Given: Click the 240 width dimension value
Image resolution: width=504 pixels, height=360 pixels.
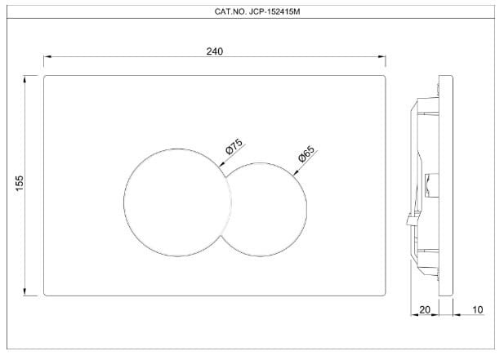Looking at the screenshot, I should click(215, 51).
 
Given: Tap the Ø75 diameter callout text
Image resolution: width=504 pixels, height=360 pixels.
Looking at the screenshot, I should click(234, 148).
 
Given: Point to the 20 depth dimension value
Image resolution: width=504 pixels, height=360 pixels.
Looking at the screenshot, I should click(424, 309).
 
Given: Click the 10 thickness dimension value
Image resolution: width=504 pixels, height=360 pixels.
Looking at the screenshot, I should click(477, 309).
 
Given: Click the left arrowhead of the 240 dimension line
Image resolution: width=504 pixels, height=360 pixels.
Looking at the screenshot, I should click(47, 57).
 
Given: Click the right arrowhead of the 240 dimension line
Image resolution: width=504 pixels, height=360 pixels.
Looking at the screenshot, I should click(382, 57).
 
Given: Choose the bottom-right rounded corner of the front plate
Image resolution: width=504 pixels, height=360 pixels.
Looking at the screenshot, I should click(384, 294).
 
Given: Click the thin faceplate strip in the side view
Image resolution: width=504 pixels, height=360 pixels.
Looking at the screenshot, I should click(446, 186).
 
